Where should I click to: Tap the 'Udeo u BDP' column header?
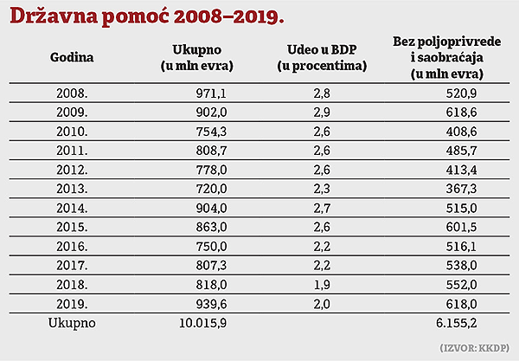point(324,58)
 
